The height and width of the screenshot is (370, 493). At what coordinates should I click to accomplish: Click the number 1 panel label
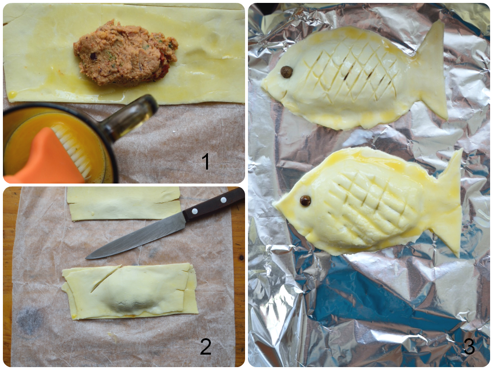[x=205, y=161]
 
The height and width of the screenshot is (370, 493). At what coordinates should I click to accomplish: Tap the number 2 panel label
[x=206, y=346]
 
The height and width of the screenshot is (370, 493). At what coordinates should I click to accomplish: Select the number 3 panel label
[x=469, y=346]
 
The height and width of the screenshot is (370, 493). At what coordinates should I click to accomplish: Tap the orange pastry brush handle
[x=44, y=159]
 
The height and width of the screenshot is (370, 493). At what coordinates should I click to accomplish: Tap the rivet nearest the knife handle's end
[x=223, y=200]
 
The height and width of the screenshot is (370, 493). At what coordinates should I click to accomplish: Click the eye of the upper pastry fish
[x=286, y=72]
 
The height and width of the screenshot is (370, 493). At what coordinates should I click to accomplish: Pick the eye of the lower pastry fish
[x=305, y=201]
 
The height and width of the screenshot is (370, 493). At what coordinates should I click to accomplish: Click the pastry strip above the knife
[x=123, y=204]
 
